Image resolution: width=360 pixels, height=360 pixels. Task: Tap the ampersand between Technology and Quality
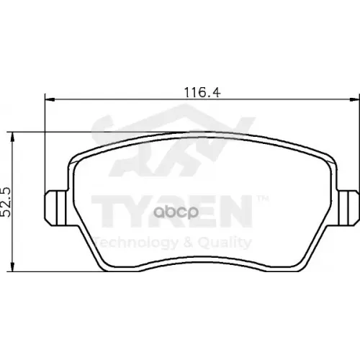[x=186, y=242]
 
